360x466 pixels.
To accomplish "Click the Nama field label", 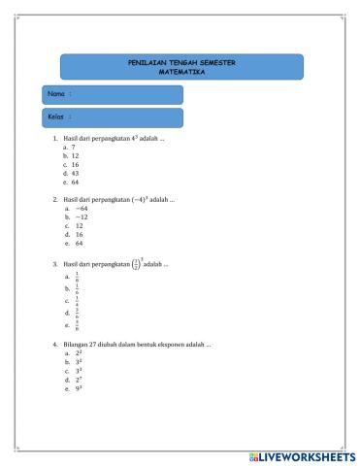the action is click(x=57, y=94).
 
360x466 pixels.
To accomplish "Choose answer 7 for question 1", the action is click(x=74, y=147).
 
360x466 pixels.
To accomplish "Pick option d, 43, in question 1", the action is click(x=75, y=173).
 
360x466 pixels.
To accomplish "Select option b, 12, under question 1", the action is click(x=75, y=155).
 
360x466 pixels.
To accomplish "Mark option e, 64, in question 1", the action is click(x=75, y=182).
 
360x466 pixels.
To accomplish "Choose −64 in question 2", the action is click(x=80, y=208).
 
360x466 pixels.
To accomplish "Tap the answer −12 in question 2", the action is click(x=80, y=216).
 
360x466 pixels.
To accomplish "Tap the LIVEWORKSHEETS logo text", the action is click(x=303, y=455).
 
